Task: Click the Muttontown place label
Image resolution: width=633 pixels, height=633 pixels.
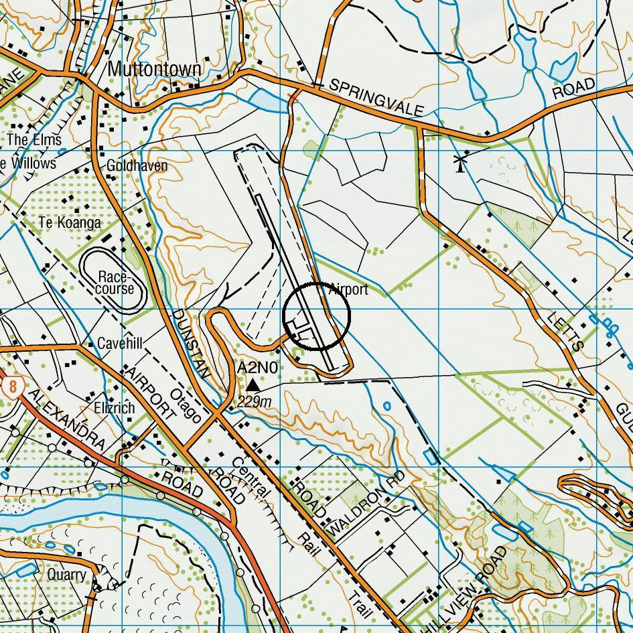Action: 154,69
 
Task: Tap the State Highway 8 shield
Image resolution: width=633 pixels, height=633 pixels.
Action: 12,387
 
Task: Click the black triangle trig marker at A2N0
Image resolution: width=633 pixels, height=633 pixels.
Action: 253,385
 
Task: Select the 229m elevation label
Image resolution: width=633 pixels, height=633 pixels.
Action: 255,402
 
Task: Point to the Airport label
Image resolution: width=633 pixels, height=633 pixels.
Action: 348,289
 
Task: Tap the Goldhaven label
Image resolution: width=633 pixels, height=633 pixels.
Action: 137,165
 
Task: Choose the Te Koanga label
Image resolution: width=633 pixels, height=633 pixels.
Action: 70,222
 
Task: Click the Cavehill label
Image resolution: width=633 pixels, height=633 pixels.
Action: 120,344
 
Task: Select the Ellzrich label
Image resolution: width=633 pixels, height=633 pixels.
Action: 114,407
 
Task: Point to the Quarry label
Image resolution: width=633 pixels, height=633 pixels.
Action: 66,575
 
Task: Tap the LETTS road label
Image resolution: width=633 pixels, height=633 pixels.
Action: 567,331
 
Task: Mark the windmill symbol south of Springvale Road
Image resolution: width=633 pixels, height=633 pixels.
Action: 460,162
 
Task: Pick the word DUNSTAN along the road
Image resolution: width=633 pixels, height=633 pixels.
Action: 192,345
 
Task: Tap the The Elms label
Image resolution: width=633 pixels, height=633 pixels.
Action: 34,140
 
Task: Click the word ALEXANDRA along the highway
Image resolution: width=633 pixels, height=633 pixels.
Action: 67,420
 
